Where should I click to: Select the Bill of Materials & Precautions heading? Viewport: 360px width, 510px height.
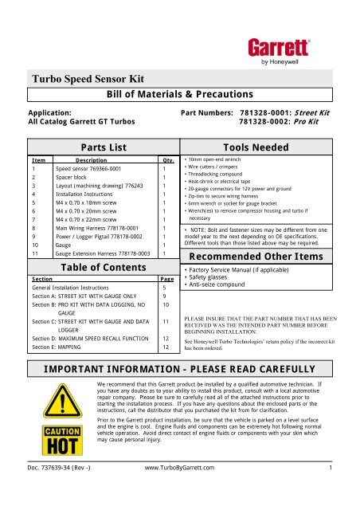[179, 95]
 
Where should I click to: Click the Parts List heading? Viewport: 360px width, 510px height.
[96, 147]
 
